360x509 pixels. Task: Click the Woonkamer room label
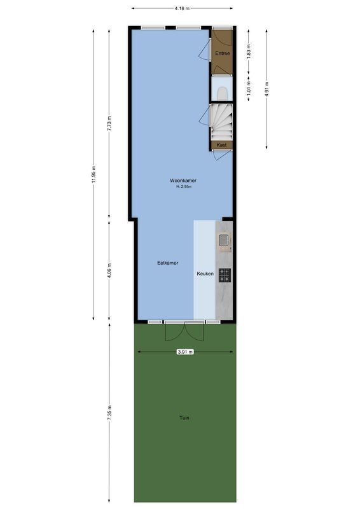pyautogui.click(x=182, y=180)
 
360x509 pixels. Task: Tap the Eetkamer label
pyautogui.click(x=168, y=263)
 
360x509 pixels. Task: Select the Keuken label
pyautogui.click(x=204, y=274)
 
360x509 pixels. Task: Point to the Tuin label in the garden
pyautogui.click(x=184, y=417)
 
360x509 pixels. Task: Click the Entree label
pyautogui.click(x=222, y=53)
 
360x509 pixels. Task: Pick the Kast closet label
pyautogui.click(x=222, y=145)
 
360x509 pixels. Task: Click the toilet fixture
pyautogui.click(x=222, y=93)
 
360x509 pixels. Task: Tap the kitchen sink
pyautogui.click(x=225, y=240)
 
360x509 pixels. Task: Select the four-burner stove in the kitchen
pyautogui.click(x=225, y=275)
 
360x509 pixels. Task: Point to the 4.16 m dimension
pyautogui.click(x=182, y=8)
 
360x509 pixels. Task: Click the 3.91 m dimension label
pyautogui.click(x=184, y=351)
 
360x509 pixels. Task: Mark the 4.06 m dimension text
pyautogui.click(x=109, y=270)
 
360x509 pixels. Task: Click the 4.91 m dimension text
pyautogui.click(x=267, y=87)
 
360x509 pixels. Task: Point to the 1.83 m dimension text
pyautogui.click(x=249, y=50)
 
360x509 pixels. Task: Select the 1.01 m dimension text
pyautogui.click(x=249, y=87)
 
